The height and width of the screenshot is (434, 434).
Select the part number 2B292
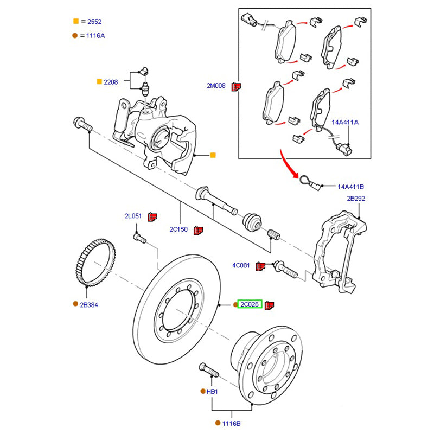pyautogui.click(x=356, y=199)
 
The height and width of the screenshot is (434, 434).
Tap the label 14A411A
pyautogui.click(x=346, y=123)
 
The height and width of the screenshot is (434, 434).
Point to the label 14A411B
pyautogui.click(x=351, y=187)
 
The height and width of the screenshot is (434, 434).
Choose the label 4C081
pyautogui.click(x=241, y=265)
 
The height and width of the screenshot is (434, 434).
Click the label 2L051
pyautogui.click(x=133, y=216)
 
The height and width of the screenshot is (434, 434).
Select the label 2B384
pyautogui.click(x=89, y=305)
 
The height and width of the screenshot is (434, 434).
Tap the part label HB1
pyautogui.click(x=212, y=391)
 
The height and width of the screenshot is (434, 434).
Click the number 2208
pyautogui.click(x=111, y=82)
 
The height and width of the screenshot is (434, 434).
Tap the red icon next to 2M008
pyautogui.click(x=235, y=86)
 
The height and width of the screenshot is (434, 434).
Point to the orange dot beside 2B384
pyautogui.click(x=75, y=304)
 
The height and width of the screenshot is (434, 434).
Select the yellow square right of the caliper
pyautogui.click(x=213, y=156)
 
